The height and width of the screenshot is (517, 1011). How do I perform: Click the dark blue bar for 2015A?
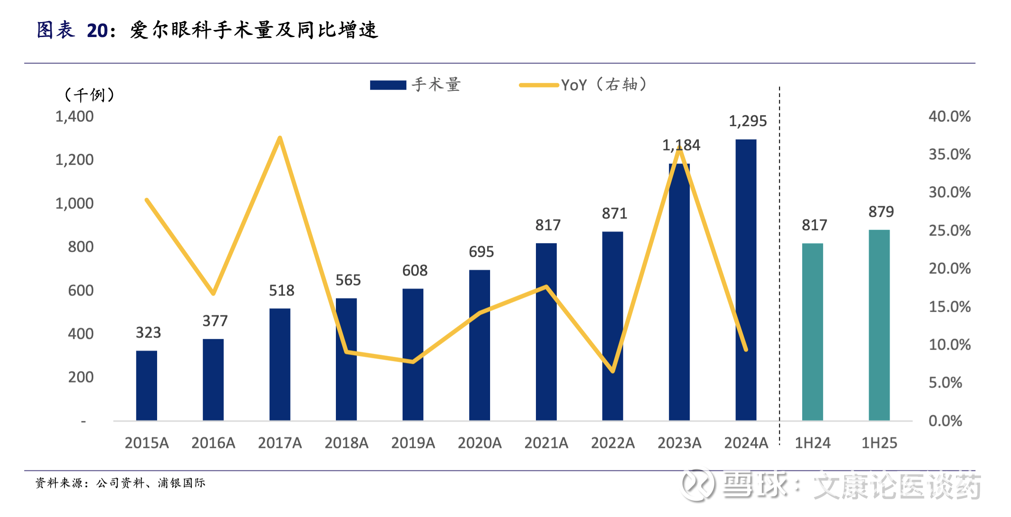[146, 385]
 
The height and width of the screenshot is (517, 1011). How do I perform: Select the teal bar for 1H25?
[879, 325]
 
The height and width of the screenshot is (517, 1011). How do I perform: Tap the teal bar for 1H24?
[812, 332]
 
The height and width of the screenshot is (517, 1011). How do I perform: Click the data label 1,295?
[748, 121]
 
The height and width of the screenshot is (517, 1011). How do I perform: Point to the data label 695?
[481, 252]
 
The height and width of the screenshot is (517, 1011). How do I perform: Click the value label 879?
[881, 212]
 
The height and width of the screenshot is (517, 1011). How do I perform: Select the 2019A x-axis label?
[413, 443]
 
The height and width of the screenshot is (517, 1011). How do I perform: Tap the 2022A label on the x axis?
[613, 443]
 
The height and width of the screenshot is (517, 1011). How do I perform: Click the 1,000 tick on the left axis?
[75, 204]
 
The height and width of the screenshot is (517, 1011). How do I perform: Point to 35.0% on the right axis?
[949, 154]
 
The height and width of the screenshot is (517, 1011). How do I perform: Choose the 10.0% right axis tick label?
[949, 345]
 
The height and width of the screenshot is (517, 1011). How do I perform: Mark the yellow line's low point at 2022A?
[613, 371]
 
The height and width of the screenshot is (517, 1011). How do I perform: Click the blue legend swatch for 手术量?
[388, 85]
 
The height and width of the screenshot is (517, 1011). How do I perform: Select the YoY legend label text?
[603, 85]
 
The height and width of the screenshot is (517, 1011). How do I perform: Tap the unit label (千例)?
[89, 95]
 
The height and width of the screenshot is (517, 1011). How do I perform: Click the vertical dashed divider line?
[779, 266]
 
